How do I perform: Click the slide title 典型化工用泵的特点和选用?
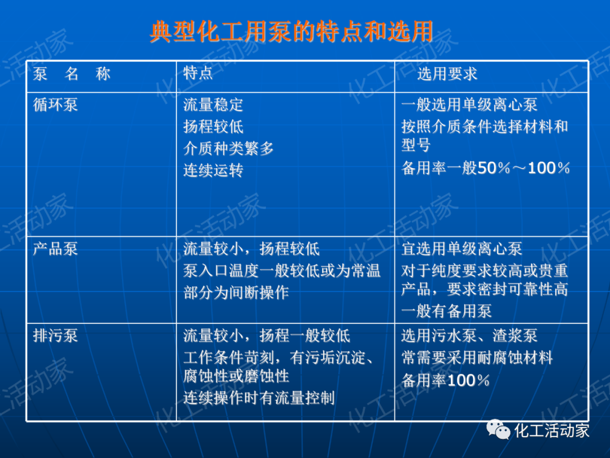tap(291, 32)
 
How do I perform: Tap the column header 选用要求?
tap(447, 74)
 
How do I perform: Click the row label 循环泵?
tap(55, 105)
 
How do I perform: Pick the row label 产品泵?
tap(55, 249)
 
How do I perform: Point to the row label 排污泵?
tap(55, 336)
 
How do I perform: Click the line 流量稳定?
tap(213, 105)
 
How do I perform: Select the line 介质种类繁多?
tap(228, 149)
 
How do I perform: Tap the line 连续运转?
tap(213, 170)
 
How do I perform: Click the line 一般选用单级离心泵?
tap(469, 105)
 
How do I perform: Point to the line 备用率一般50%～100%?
tap(485, 168)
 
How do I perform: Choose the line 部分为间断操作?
tap(236, 292)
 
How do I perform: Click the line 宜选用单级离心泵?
tap(461, 249)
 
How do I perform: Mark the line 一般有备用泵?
tap(446, 310)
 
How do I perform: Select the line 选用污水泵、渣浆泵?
tap(469, 336)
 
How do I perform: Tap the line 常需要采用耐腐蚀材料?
tap(477, 358)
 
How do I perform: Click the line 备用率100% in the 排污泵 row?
tap(445, 381)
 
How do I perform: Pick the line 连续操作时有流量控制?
tap(259, 397)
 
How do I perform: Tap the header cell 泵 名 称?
tap(72, 74)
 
